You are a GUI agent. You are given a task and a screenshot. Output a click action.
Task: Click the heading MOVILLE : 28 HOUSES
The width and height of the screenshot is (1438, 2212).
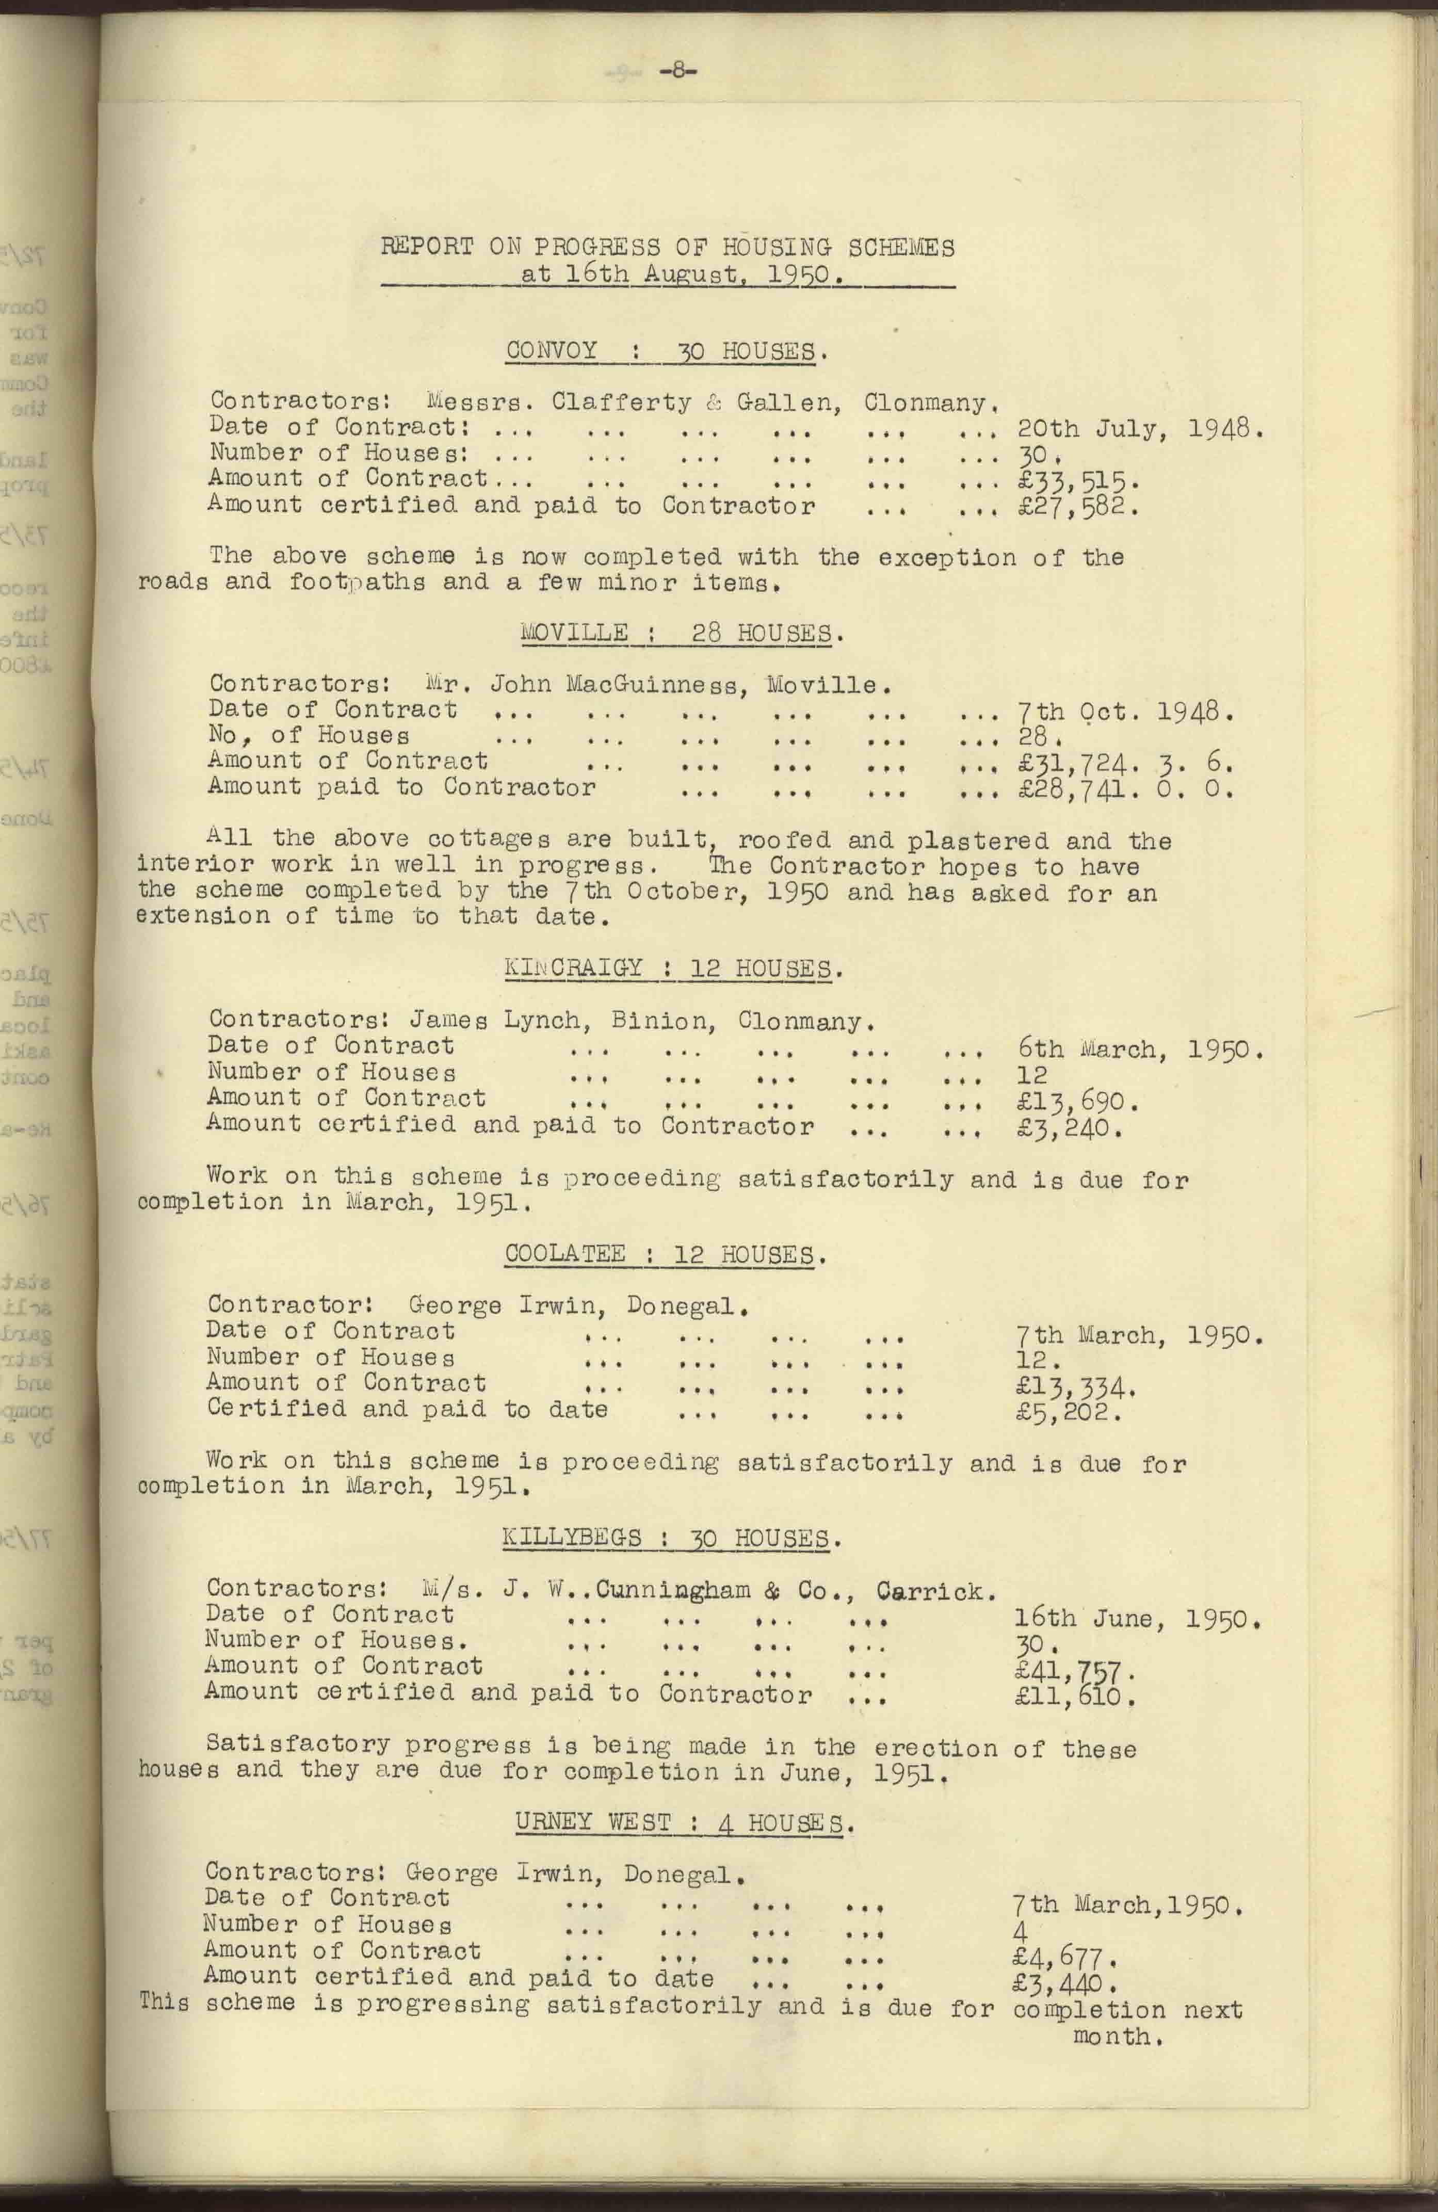(x=682, y=634)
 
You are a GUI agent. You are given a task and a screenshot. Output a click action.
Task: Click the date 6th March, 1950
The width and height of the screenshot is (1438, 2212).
(x=1140, y=1050)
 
